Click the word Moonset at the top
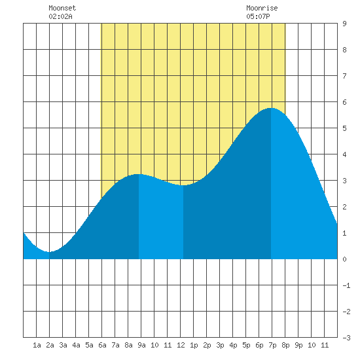click(x=62, y=8)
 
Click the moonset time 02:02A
click(x=60, y=16)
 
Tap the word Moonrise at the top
click(x=262, y=8)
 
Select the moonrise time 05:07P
click(x=258, y=16)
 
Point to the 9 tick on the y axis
click(x=344, y=24)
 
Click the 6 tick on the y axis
click(x=344, y=102)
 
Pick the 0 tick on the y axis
click(x=344, y=259)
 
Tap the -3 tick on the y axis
click(x=346, y=338)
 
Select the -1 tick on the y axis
click(x=346, y=285)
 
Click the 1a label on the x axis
click(x=37, y=345)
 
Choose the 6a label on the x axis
click(x=102, y=345)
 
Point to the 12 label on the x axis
click(x=181, y=345)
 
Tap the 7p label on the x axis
click(x=272, y=345)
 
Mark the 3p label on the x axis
click(x=220, y=345)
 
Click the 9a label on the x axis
click(x=141, y=345)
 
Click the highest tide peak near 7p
click(x=271, y=108)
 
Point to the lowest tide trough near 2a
click(x=49, y=252)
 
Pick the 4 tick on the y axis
click(x=344, y=154)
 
